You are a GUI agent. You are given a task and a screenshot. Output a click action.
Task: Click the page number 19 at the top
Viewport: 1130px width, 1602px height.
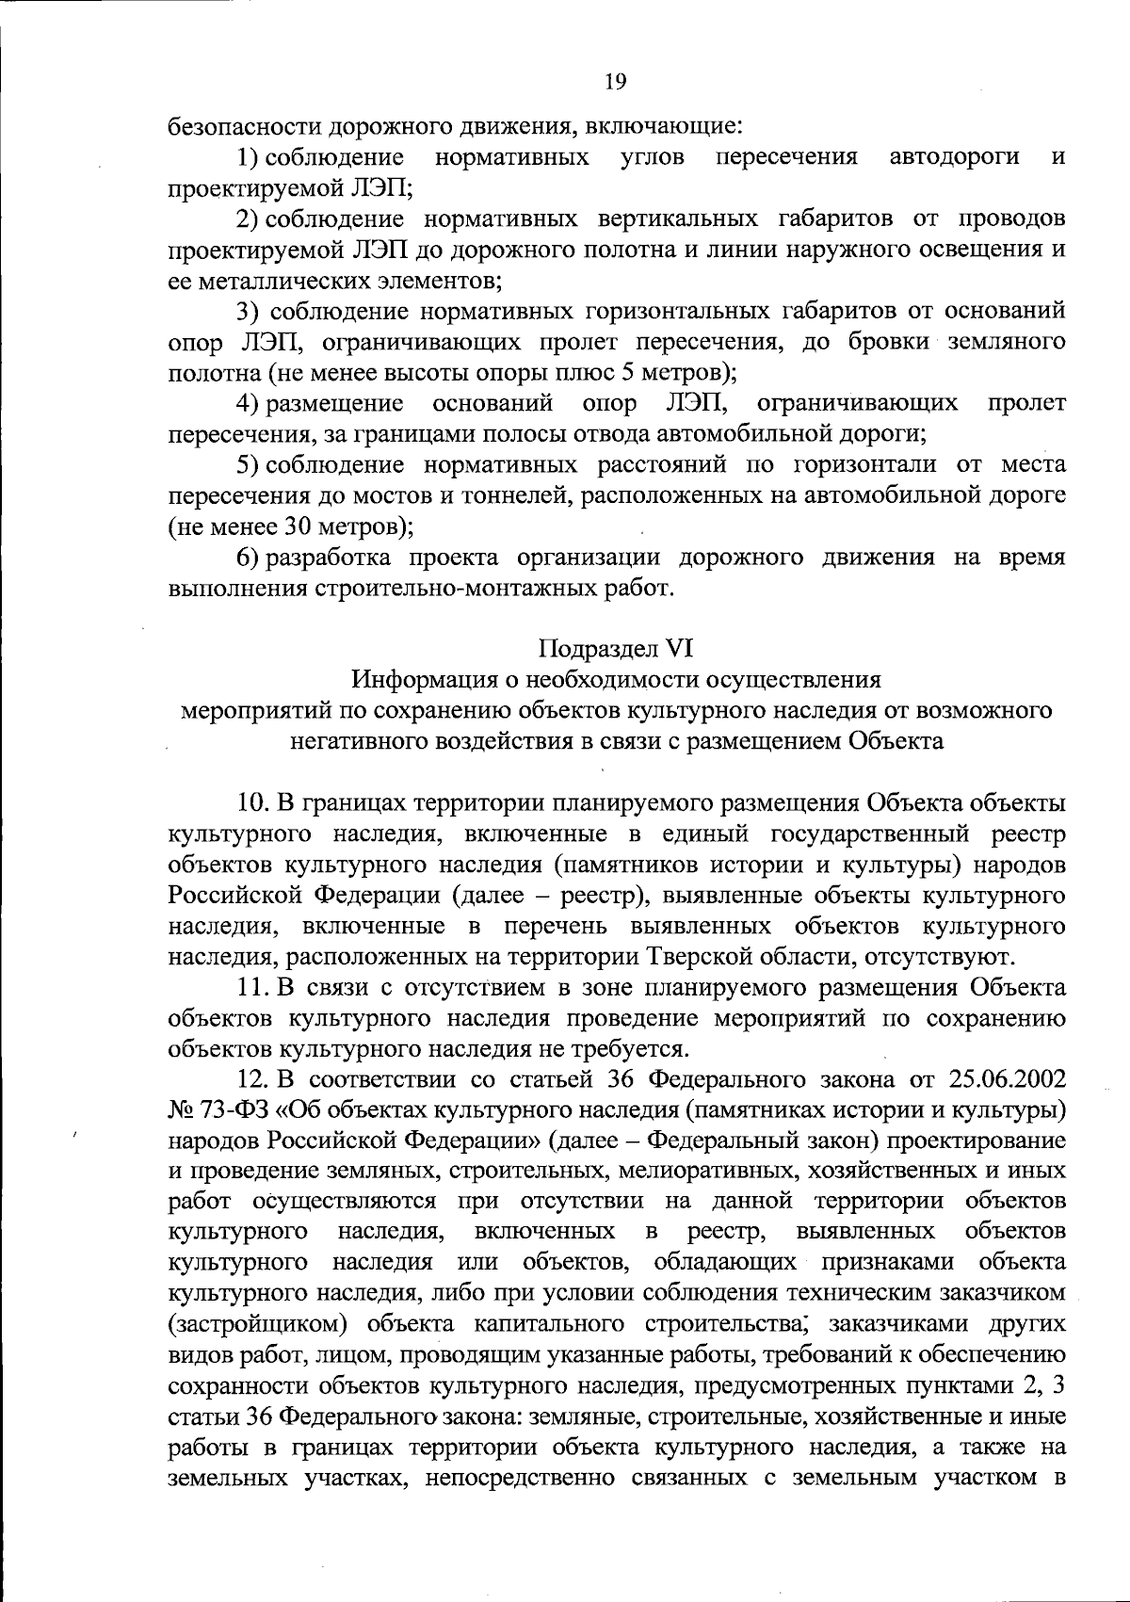point(614,81)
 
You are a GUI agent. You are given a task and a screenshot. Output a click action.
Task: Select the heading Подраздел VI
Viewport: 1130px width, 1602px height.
point(616,648)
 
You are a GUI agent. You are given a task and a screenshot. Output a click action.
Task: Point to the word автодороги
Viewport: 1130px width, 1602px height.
point(954,156)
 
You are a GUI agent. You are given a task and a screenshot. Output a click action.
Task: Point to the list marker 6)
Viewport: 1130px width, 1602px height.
point(247,558)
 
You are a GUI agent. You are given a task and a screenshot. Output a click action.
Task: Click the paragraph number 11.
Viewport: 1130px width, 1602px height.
point(250,988)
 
